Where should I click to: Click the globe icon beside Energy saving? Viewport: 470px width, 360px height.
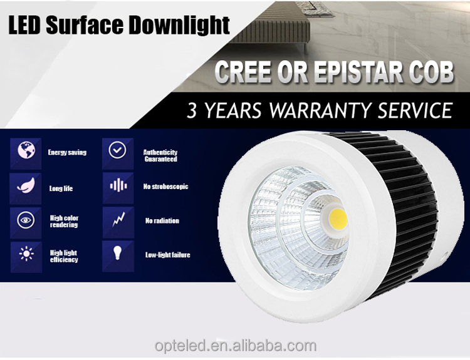tap(26, 150)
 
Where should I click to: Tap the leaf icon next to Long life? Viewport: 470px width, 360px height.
tap(26, 186)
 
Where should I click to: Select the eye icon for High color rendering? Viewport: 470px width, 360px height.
tap(26, 220)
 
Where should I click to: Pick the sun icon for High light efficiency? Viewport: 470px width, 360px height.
tap(26, 254)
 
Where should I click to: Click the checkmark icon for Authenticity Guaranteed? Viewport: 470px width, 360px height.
tap(117, 150)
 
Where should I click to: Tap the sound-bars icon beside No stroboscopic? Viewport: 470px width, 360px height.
tap(118, 186)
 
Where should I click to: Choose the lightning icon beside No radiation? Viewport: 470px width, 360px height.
tap(118, 220)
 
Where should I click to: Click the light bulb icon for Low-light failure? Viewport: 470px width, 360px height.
tap(118, 253)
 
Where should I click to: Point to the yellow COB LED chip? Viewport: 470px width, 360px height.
tap(338, 219)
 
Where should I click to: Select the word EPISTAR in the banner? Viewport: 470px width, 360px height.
tap(357, 72)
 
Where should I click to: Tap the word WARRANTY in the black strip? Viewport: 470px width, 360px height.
tap(320, 111)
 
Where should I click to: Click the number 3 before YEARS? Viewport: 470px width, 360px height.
tap(192, 111)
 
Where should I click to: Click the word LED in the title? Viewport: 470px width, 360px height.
tap(24, 26)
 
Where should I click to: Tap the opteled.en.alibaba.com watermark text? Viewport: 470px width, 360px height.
tap(236, 346)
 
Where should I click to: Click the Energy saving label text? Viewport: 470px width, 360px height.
tap(67, 152)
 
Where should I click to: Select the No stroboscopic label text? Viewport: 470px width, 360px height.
tap(166, 187)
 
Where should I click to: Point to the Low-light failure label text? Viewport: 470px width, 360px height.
tap(168, 255)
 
